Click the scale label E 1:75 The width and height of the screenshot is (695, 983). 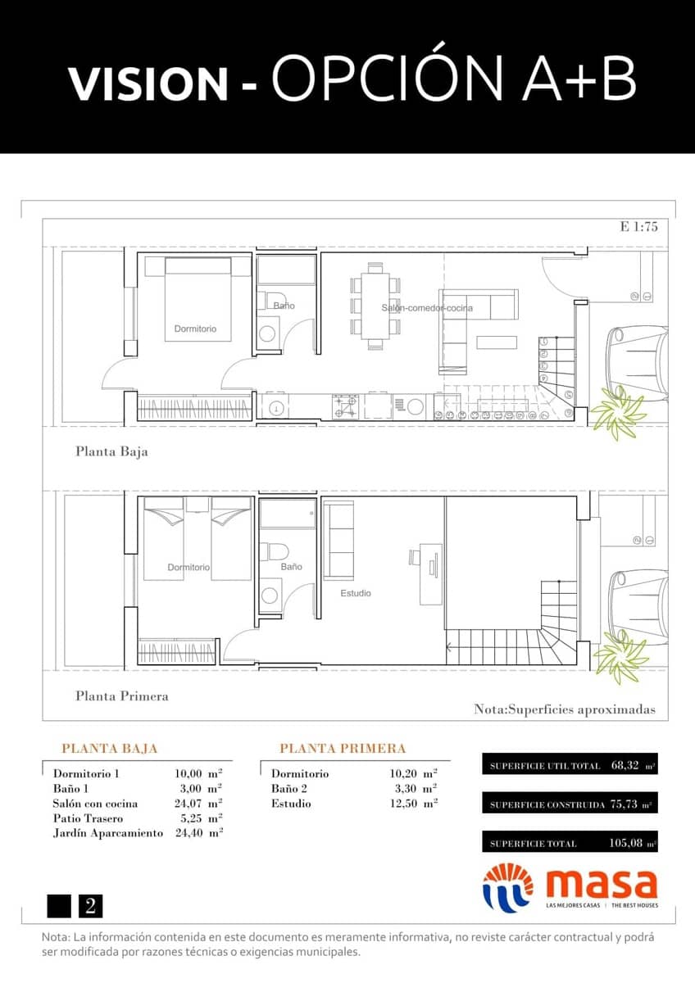coord(639,228)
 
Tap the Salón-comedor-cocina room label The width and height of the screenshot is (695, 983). coord(426,308)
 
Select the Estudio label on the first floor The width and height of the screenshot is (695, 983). coord(356,593)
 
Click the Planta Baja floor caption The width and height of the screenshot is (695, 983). coord(111,451)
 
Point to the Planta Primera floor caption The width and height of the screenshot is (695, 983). coord(121,695)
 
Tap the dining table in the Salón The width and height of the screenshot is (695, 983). coord(375,306)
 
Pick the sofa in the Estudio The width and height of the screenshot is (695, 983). coord(338,541)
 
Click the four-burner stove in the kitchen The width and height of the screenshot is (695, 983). coord(345,406)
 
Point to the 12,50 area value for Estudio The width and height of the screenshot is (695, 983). coord(407,804)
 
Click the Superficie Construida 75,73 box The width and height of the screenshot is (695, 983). coord(570,804)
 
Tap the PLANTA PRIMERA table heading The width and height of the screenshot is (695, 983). coord(343,749)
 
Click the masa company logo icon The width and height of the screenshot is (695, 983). coord(507,886)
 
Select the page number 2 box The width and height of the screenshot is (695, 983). coord(90,906)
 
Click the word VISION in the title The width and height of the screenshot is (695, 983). coord(148,84)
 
